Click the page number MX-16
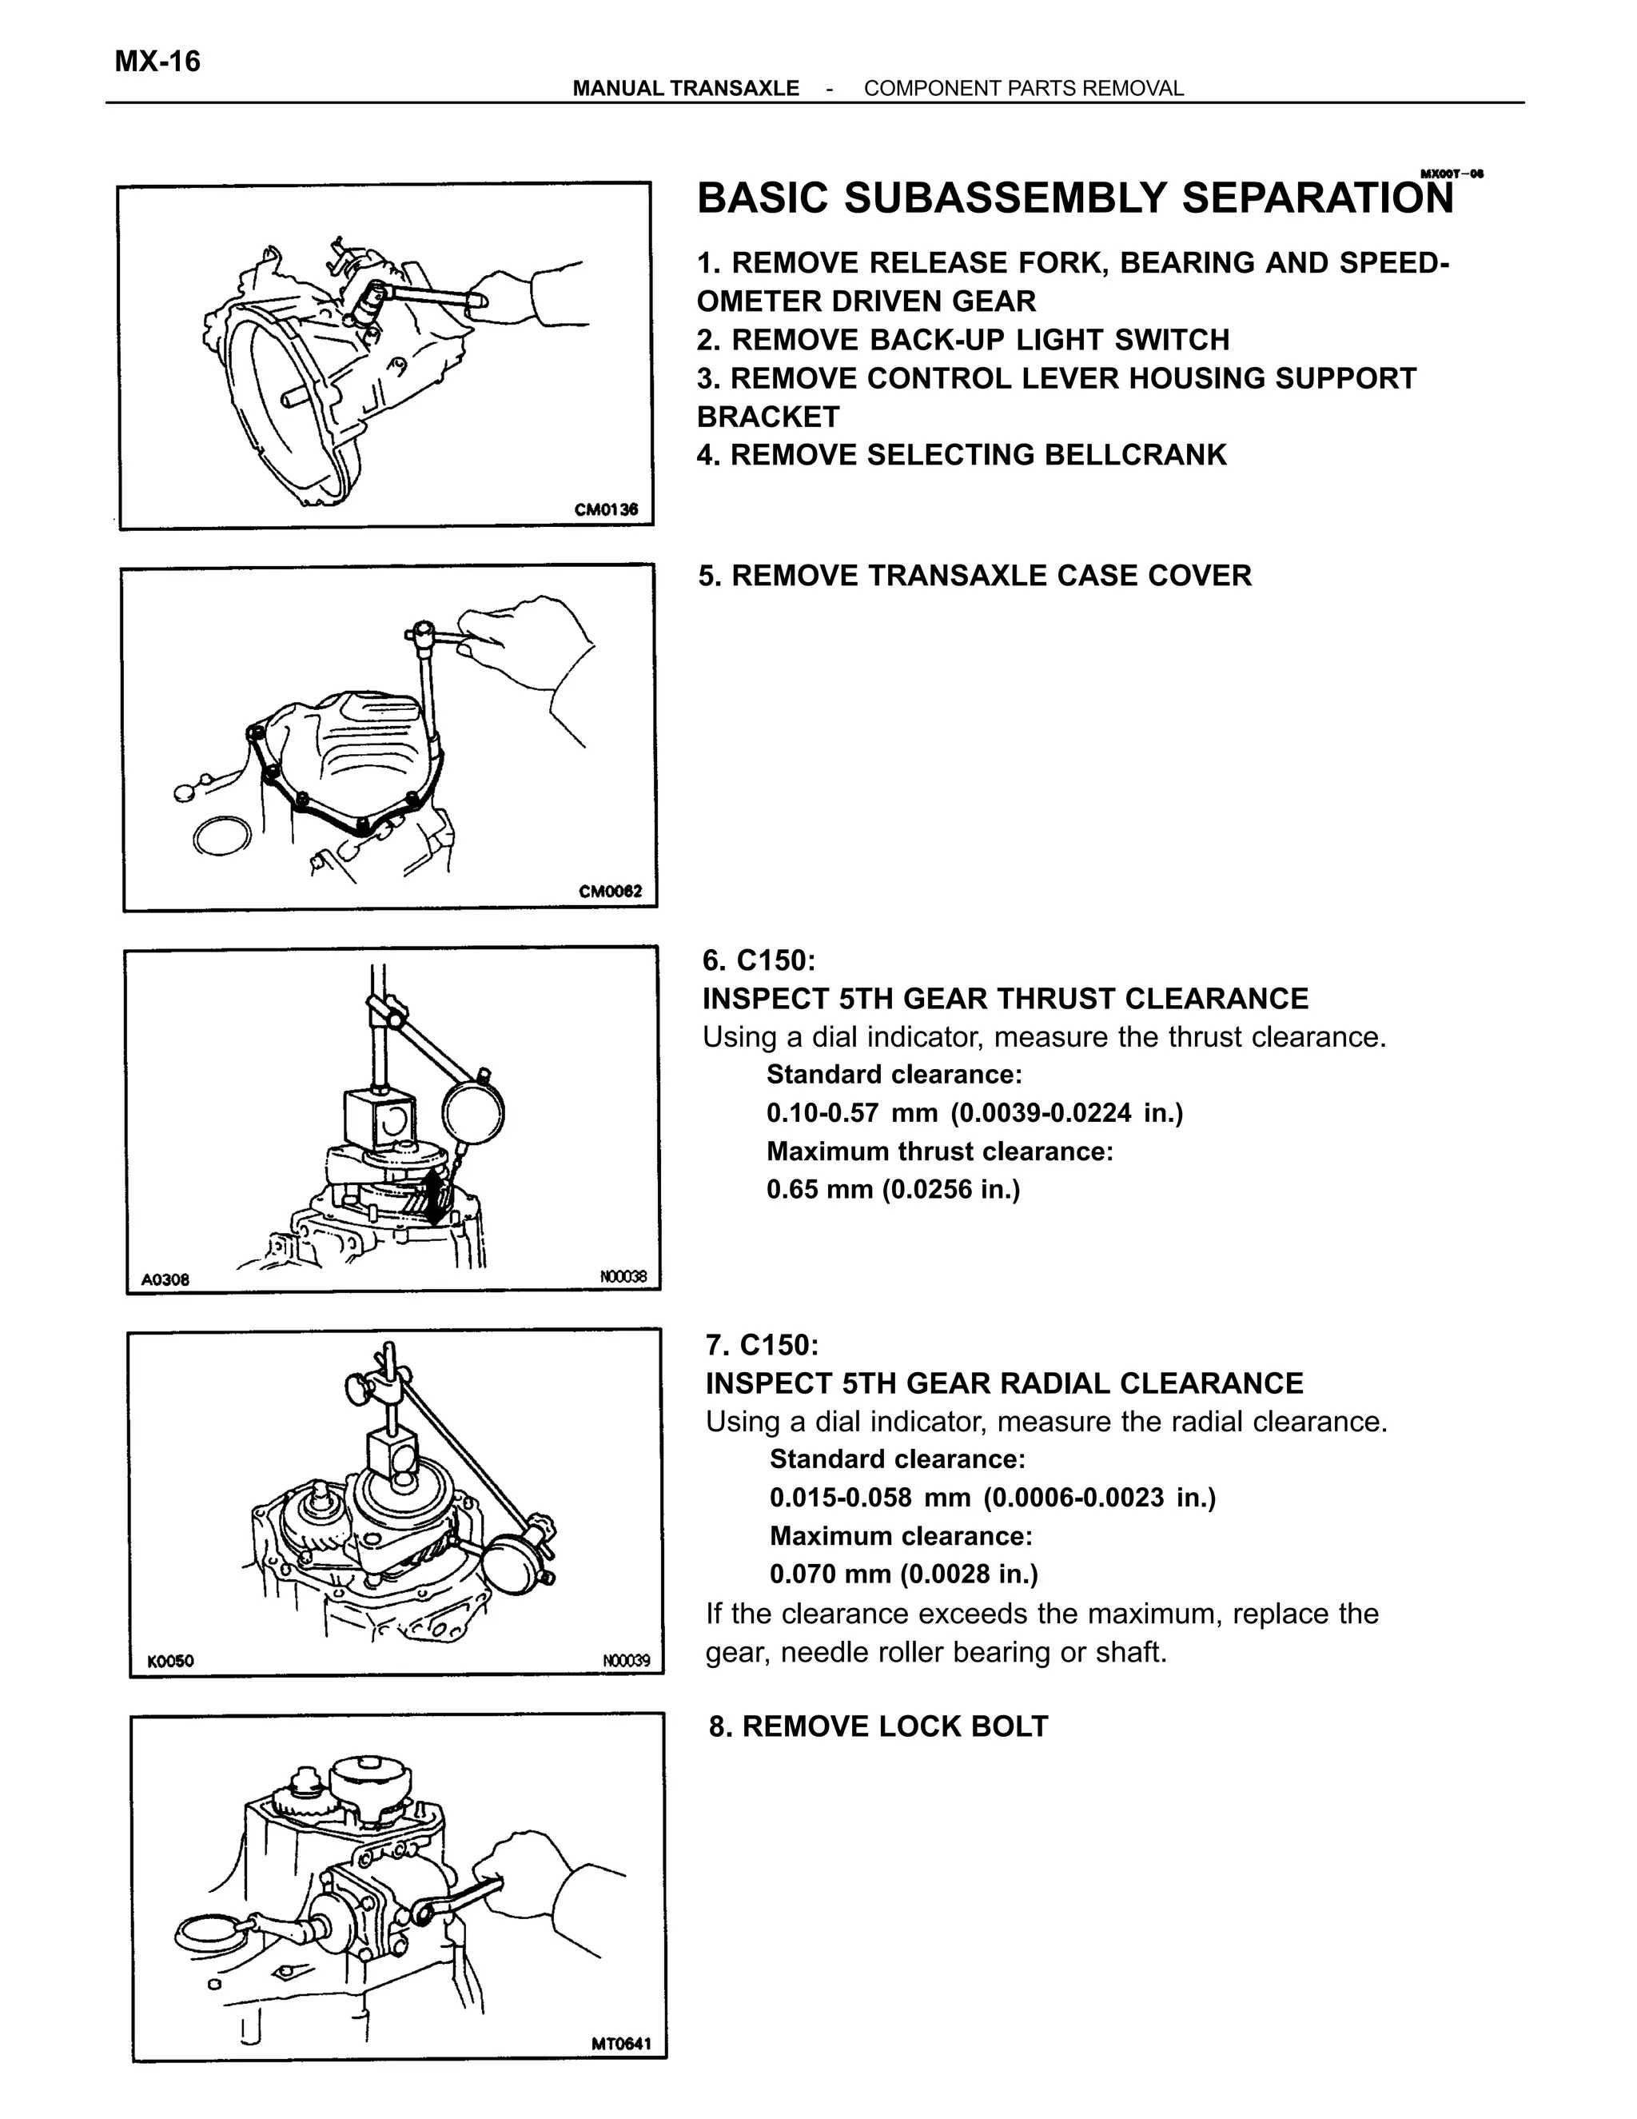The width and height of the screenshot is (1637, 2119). [x=157, y=62]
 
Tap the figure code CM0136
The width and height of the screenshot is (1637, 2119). [x=605, y=509]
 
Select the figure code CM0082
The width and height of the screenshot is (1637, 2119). [x=610, y=892]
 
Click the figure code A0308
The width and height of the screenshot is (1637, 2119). [x=165, y=1279]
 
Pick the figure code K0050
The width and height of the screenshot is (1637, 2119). [x=171, y=1661]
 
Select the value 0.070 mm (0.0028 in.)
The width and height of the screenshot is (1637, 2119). [x=903, y=1573]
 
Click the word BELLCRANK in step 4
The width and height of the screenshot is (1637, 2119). [x=1133, y=455]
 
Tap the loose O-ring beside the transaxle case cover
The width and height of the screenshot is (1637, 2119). [x=222, y=836]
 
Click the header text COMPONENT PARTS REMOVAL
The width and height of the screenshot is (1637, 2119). [x=1023, y=88]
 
